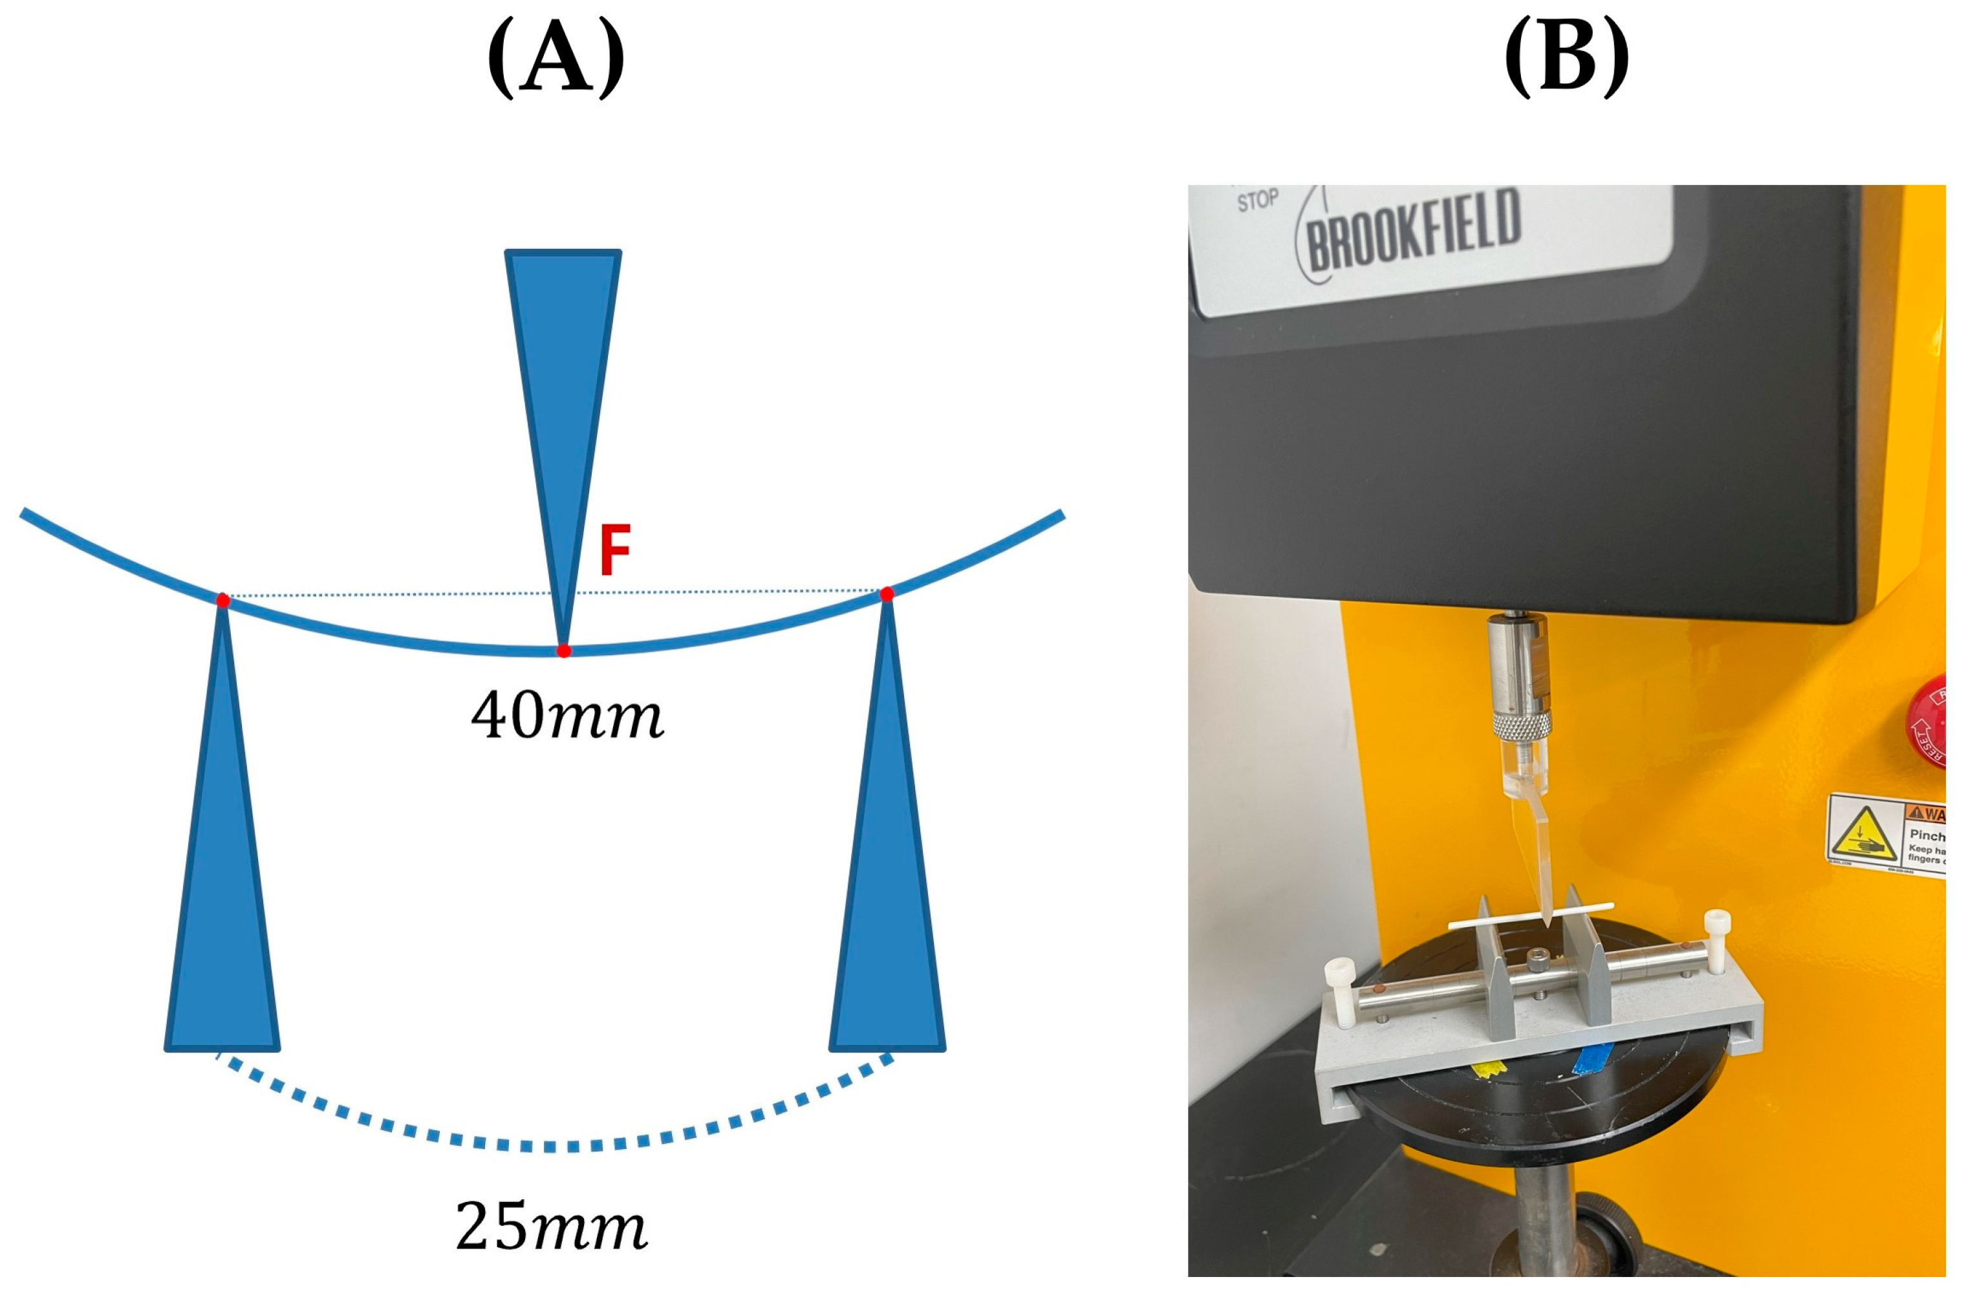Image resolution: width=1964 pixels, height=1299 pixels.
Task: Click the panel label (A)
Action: (556, 59)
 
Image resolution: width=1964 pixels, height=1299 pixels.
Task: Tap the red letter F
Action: (614, 550)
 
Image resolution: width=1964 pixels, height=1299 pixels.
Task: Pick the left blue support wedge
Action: (222, 870)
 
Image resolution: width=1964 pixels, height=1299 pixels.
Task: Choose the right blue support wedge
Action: (887, 870)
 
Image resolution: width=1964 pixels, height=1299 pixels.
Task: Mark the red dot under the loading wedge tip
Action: (564, 651)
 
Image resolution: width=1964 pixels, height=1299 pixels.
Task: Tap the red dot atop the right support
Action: (887, 594)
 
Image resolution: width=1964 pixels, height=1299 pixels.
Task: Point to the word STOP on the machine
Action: (1257, 200)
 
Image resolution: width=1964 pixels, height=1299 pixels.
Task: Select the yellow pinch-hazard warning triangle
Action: (1863, 834)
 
